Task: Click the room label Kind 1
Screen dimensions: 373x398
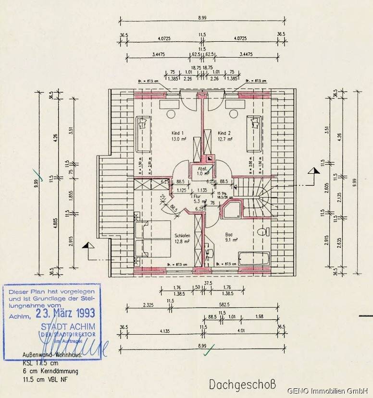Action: click(178, 133)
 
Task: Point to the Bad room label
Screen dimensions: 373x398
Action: click(229, 235)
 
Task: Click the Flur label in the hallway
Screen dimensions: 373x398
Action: click(197, 196)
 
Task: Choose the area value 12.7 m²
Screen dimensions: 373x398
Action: click(225, 139)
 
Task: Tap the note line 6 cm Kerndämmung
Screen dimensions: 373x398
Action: click(50, 371)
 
